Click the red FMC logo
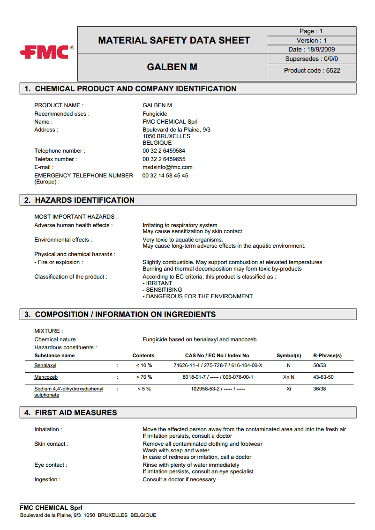[45, 52]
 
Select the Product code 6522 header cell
[312, 71]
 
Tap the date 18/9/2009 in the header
[312, 50]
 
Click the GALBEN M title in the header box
[172, 67]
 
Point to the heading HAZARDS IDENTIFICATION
[84, 200]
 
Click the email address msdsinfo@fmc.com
[167, 167]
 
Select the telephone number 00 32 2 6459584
[164, 151]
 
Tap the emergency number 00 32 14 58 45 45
[165, 176]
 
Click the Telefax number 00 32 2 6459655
[164, 159]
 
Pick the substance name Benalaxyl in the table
[45, 365]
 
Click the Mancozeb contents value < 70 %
[144, 377]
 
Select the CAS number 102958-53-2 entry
[209, 389]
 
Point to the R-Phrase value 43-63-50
[323, 377]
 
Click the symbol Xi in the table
[289, 389]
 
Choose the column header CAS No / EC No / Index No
[217, 356]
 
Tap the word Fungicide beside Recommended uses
[155, 114]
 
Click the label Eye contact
[50, 465]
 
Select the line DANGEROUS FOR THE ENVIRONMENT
[198, 296]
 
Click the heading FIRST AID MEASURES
[76, 413]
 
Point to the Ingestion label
[47, 479]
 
